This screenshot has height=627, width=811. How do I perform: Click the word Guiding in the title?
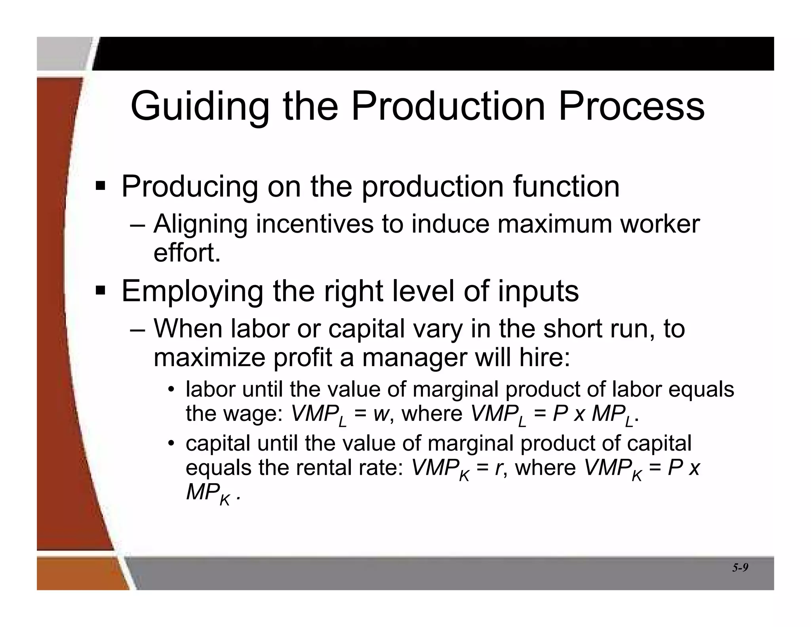coord(200,107)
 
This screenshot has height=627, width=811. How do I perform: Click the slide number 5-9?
coord(740,568)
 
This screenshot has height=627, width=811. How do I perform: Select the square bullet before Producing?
coord(101,185)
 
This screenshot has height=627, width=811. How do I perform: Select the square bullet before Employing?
coord(101,291)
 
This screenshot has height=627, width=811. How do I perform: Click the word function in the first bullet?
coord(566,186)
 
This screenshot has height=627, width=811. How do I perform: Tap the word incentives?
coord(315,224)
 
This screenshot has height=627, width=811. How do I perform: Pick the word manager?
coord(415,358)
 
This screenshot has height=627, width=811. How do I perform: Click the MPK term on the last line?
coord(208,494)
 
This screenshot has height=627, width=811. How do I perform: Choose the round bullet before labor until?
coord(171,389)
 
